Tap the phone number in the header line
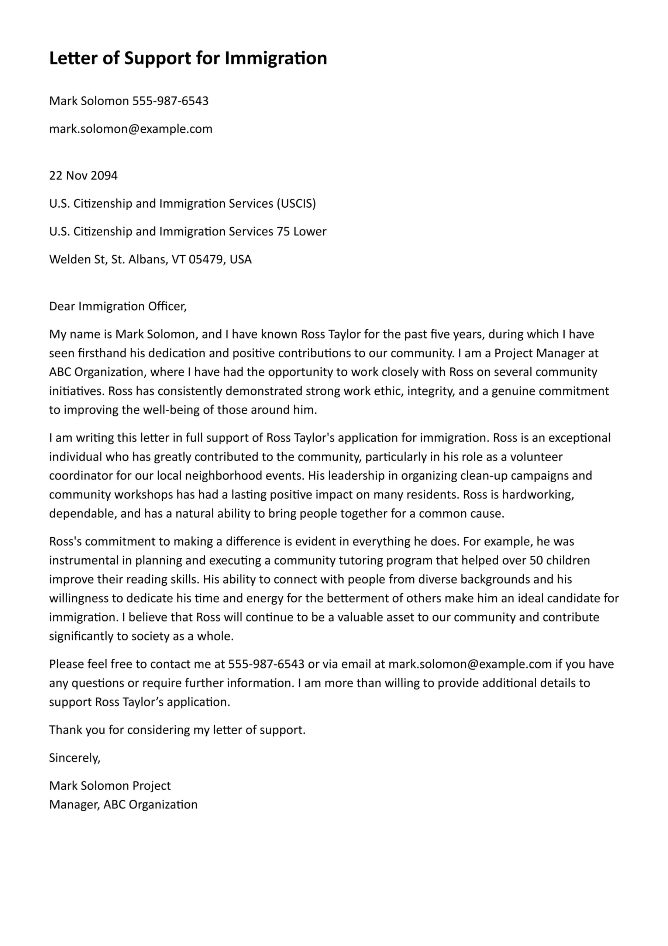(171, 101)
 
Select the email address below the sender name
(131, 129)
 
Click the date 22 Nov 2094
(83, 176)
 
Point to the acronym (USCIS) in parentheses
(296, 204)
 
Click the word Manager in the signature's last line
(74, 805)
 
